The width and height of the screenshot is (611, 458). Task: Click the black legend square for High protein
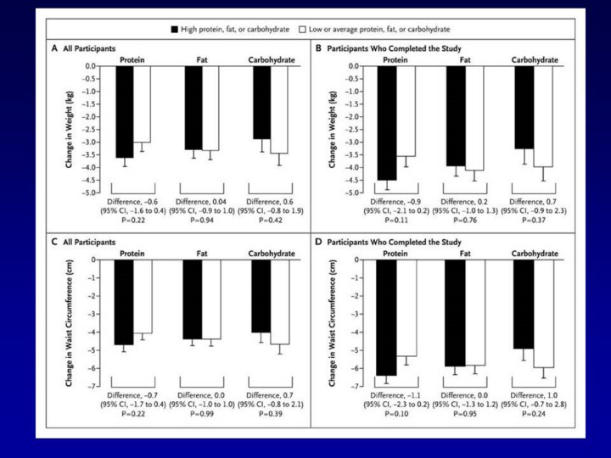(175, 29)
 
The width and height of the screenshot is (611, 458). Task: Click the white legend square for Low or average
(303, 29)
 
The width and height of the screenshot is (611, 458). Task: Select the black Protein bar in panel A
(125, 111)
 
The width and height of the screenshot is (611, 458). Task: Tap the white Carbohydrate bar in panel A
(278, 109)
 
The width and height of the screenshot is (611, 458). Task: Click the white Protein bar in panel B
(406, 111)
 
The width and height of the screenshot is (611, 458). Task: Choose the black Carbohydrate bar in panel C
(261, 296)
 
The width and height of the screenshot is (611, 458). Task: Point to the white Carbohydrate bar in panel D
(543, 314)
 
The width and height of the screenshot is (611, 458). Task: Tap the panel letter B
(319, 48)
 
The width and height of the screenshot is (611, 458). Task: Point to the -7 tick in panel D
(350, 386)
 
